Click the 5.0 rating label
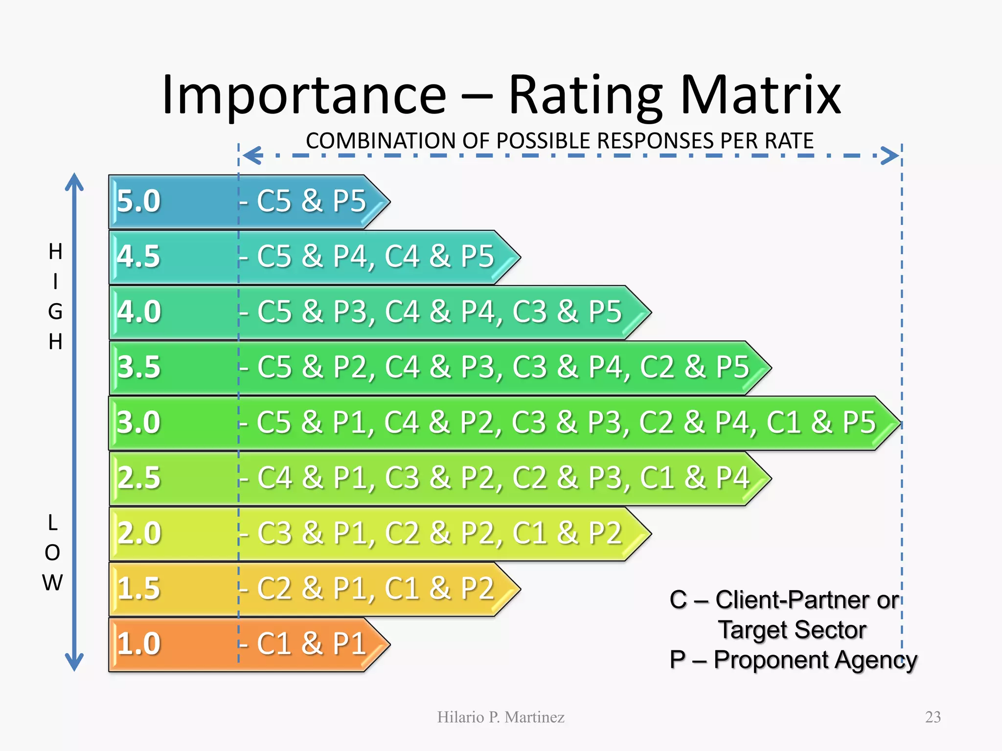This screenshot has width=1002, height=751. pyautogui.click(x=138, y=201)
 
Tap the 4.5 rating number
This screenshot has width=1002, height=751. pyautogui.click(x=138, y=256)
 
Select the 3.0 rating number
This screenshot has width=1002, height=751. pyautogui.click(x=138, y=422)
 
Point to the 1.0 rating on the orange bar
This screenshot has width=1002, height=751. pyautogui.click(x=138, y=643)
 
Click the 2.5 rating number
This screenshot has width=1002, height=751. pyautogui.click(x=138, y=478)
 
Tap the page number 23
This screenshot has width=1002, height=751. pyautogui.click(x=933, y=717)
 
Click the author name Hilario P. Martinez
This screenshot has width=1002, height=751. pyautogui.click(x=501, y=717)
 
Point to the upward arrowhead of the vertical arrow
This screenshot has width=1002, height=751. pyautogui.click(x=74, y=181)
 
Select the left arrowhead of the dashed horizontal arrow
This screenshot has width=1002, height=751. pyautogui.click(x=250, y=155)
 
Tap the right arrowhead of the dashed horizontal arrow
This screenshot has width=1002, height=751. pyautogui.click(x=891, y=155)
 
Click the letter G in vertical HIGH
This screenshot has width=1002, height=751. pyautogui.click(x=55, y=311)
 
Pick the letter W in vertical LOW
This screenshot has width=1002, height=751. pyautogui.click(x=52, y=583)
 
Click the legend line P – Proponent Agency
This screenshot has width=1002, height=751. pyautogui.click(x=793, y=660)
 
